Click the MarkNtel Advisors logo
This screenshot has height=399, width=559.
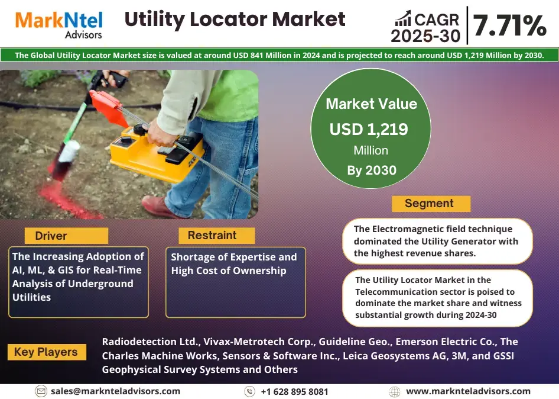[x=59, y=24]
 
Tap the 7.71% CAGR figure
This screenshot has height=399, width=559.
[x=510, y=25]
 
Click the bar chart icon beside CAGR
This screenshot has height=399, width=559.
[x=403, y=18]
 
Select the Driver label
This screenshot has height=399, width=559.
[x=51, y=236]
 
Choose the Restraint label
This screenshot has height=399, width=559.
[x=212, y=235]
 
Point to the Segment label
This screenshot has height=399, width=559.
[x=429, y=203]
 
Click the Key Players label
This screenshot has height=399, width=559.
[x=46, y=352]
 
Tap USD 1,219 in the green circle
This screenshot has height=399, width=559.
[x=369, y=129]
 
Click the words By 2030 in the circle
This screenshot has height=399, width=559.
[x=372, y=170]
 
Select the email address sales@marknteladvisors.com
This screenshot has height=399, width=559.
[x=115, y=391]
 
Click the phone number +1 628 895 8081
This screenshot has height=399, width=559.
[x=294, y=391]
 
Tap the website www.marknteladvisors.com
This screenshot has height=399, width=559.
[x=468, y=391]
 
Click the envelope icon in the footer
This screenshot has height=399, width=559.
[x=41, y=391]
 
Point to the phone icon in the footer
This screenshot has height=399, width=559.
[x=249, y=391]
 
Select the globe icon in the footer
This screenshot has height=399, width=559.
[x=395, y=392]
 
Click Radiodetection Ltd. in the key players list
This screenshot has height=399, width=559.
[x=151, y=342]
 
